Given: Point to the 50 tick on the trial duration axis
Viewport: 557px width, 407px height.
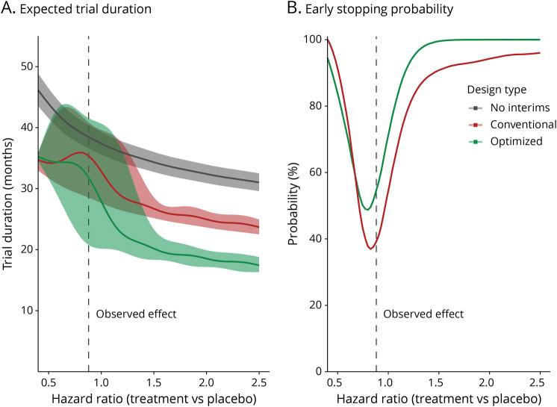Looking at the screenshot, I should [x=28, y=66].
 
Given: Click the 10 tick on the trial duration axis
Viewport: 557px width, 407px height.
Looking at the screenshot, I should [x=28, y=310].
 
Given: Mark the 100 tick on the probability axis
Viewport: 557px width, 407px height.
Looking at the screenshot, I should [x=314, y=40].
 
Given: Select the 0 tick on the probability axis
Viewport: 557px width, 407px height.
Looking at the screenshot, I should [x=319, y=371].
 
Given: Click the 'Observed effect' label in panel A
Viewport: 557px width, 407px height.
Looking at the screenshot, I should [x=136, y=314].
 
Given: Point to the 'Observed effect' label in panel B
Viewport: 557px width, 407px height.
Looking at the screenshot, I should [x=423, y=314].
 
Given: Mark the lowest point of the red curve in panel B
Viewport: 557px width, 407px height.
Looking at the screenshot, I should [x=370, y=249].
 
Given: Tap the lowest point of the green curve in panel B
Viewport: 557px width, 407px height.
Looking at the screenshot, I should [x=367, y=209].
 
